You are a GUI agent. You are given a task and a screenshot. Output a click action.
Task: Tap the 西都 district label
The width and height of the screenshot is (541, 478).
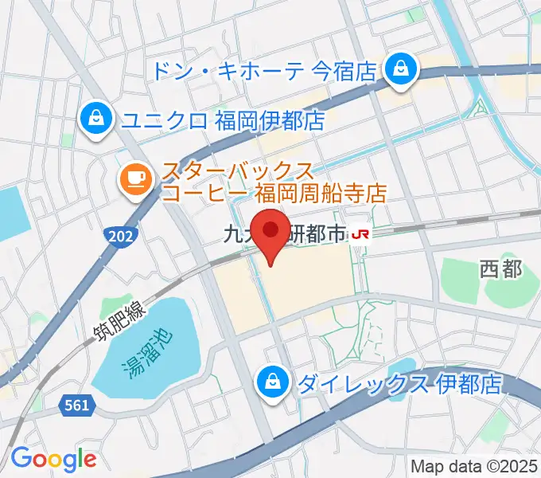coord(501,269)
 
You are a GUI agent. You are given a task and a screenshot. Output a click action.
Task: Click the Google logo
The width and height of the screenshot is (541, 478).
coord(53,459)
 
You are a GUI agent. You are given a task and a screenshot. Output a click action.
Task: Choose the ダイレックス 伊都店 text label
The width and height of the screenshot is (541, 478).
coord(399,385)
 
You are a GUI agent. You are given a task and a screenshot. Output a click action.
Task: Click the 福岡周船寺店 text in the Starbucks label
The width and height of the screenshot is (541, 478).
coord(321,193)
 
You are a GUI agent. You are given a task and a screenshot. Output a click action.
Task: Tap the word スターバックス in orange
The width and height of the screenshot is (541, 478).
coord(238,170)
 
